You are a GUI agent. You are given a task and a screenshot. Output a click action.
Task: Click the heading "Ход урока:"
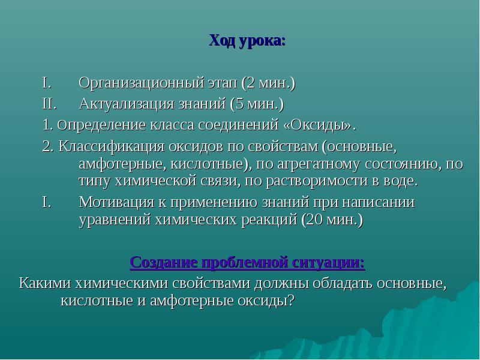[x=247, y=40]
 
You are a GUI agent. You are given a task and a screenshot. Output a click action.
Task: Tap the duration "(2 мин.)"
[x=268, y=83]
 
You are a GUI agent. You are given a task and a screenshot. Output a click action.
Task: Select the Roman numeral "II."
[x=50, y=104]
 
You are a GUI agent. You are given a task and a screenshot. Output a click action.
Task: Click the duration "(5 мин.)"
[x=257, y=104]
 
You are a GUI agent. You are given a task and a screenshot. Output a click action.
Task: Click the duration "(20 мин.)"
[x=332, y=220]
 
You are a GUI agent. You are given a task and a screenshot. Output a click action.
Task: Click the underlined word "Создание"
[x=163, y=263]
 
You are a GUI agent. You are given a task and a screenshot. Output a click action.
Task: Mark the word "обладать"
[x=342, y=284]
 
